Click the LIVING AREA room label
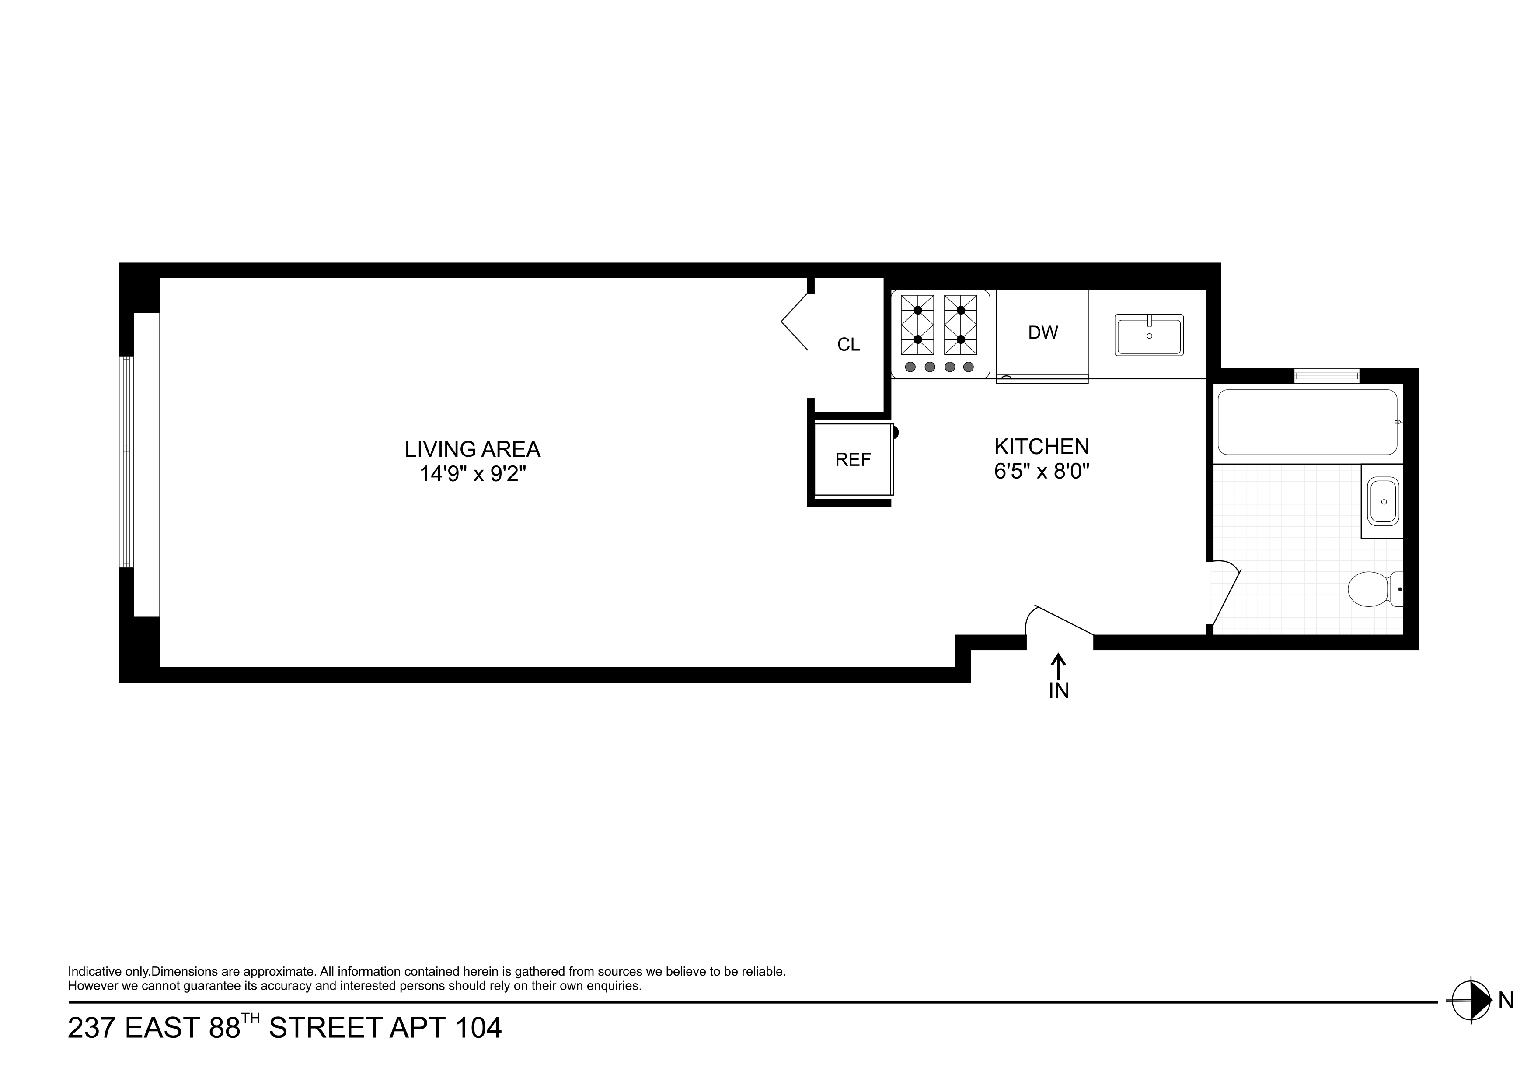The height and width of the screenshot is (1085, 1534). point(472,448)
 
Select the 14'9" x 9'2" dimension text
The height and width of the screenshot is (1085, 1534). point(472,474)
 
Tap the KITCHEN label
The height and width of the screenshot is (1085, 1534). point(1042,446)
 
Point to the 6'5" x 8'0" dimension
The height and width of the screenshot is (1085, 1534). point(1042,471)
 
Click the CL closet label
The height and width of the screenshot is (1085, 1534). point(848,344)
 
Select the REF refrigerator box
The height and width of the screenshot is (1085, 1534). point(853,460)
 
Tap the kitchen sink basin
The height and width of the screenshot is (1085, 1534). point(1149,336)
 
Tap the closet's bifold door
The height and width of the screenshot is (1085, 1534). point(795,322)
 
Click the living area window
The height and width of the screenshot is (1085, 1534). point(126,461)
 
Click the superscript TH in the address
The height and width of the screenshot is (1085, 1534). point(251,1018)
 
